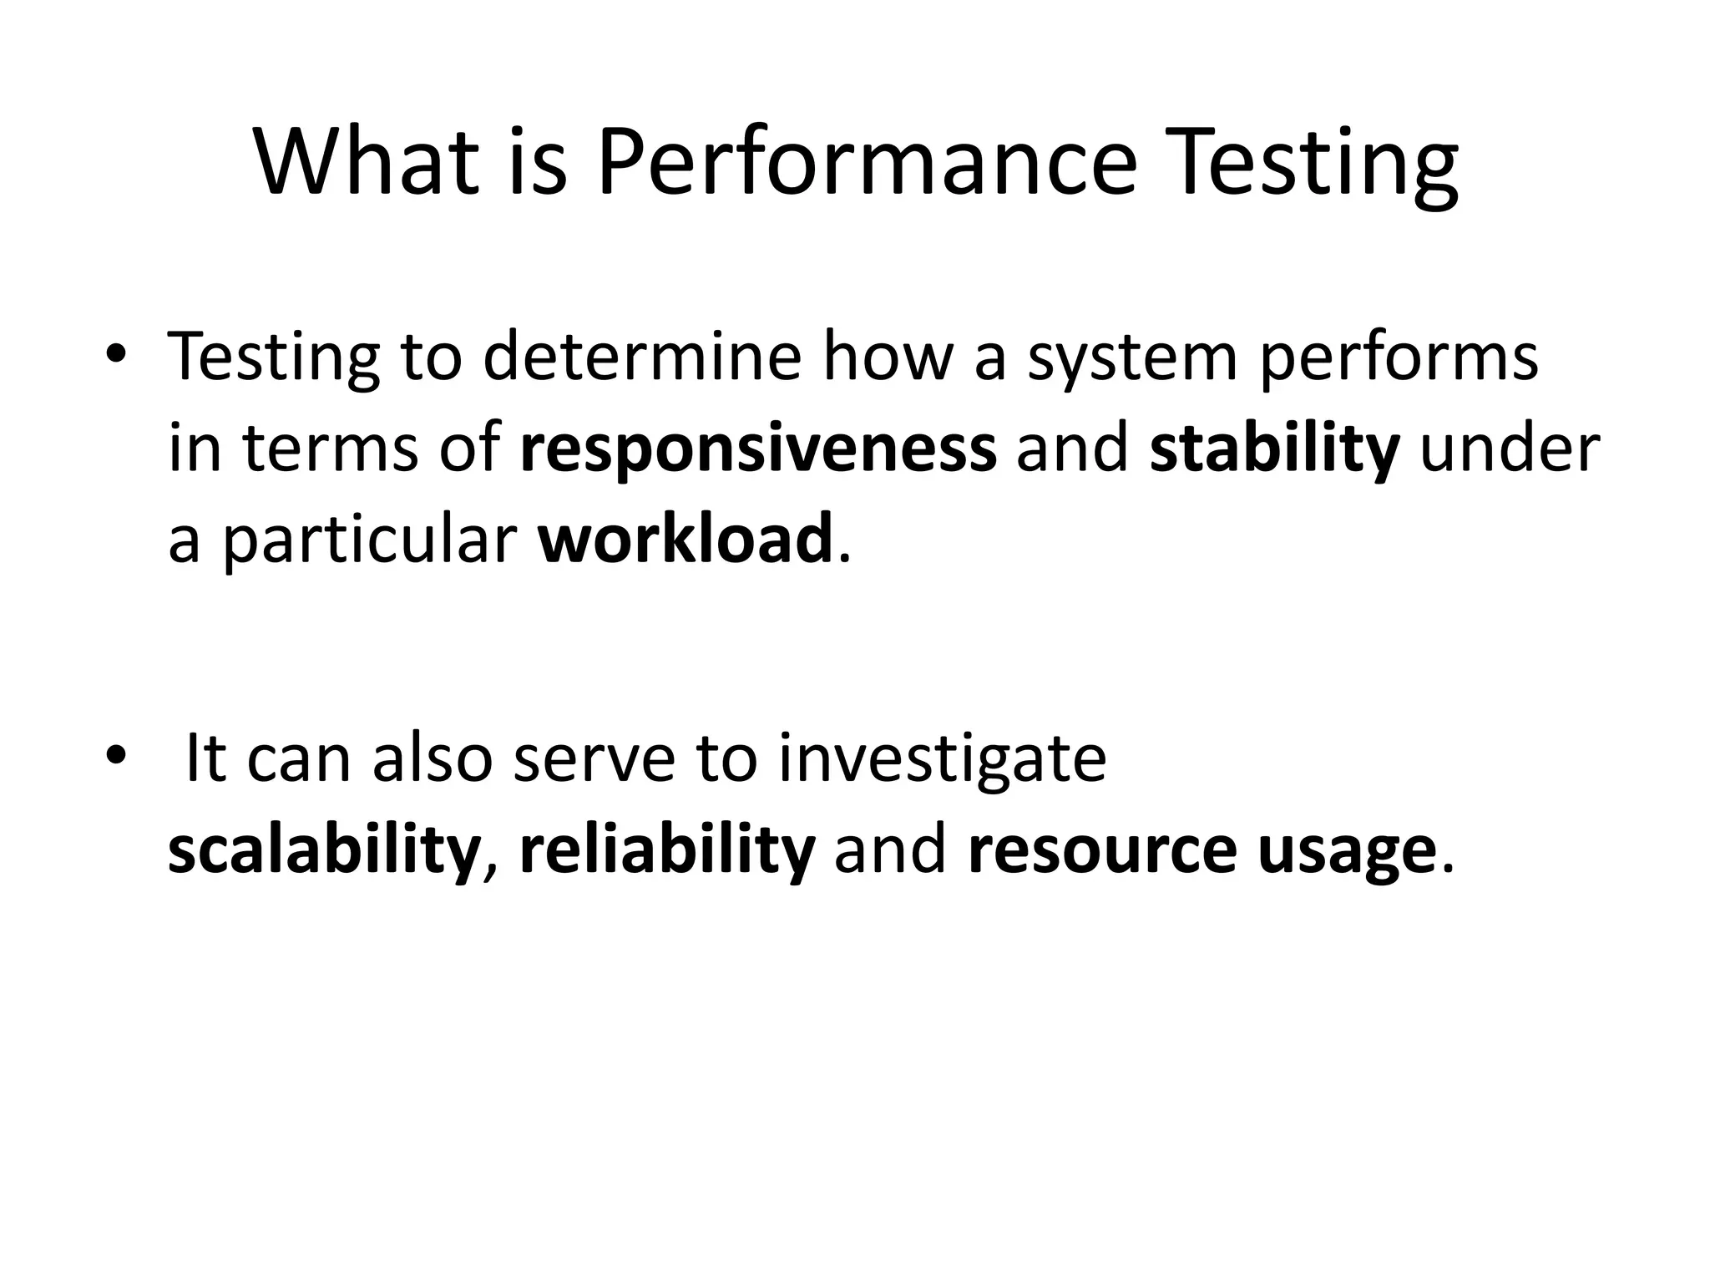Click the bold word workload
(686, 540)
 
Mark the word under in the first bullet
(1510, 449)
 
